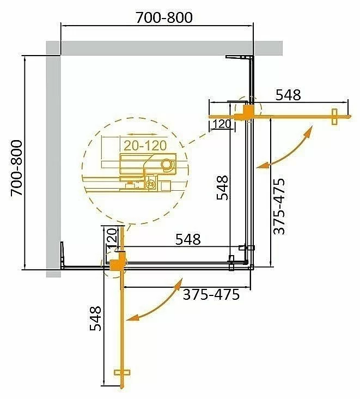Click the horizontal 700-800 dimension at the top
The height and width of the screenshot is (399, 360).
(164, 17)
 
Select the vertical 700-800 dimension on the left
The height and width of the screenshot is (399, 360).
(17, 167)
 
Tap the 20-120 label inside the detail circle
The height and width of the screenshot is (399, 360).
(145, 146)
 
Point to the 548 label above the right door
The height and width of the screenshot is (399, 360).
(288, 95)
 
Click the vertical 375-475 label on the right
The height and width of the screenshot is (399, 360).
(279, 206)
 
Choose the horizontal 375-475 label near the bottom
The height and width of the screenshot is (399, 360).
(211, 295)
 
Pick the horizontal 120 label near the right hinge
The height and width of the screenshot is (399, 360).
(222, 124)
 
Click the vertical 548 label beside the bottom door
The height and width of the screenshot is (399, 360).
(96, 318)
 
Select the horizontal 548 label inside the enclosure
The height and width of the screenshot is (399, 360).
(188, 239)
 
